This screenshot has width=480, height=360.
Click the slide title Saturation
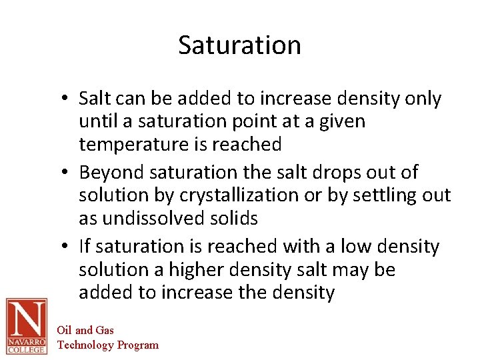(x=239, y=45)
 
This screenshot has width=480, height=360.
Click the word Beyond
(x=112, y=172)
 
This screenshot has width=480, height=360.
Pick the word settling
(x=383, y=195)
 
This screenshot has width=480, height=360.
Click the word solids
(x=236, y=218)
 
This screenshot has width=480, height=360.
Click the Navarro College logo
(x=26, y=326)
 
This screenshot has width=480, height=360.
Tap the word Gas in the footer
(x=105, y=330)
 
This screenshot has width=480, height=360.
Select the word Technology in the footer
(x=86, y=345)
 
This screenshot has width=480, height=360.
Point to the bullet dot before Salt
(x=69, y=99)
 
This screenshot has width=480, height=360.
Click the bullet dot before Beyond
(x=69, y=173)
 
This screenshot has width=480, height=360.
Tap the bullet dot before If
(x=69, y=247)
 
